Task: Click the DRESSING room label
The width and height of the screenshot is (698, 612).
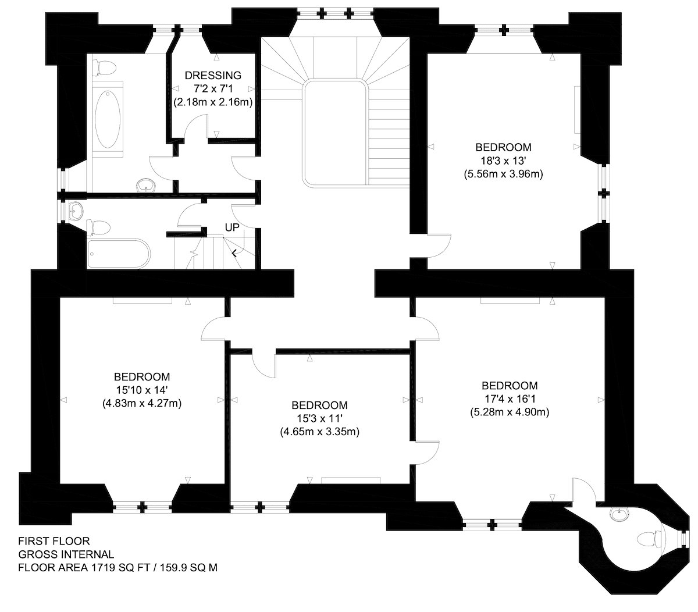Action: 213,75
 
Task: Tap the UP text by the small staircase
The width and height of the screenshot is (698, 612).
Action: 232,227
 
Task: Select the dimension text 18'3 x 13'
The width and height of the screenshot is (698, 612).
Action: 503,161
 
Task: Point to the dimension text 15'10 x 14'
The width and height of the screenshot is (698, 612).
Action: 142,390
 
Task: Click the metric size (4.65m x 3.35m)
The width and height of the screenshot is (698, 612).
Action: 320,432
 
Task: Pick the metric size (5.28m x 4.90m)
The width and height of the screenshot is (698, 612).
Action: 510,412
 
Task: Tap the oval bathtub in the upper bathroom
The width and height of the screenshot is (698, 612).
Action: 108,119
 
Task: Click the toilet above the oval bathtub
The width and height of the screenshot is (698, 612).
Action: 104,68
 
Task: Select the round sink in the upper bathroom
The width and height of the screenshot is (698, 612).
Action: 146,186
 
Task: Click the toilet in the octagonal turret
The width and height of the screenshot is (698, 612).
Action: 649,539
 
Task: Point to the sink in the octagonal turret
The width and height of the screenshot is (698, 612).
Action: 620,515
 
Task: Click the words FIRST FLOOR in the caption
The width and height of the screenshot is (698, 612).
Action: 54,541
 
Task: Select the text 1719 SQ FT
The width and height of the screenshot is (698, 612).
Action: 120,568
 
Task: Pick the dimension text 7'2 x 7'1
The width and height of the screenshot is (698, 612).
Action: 213,88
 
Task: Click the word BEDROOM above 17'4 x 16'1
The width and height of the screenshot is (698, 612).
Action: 510,385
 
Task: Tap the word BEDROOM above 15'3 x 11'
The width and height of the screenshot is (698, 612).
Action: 320,405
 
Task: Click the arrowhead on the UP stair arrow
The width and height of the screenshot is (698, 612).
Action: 234,254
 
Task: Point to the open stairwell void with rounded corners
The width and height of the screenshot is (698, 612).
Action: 335,133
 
